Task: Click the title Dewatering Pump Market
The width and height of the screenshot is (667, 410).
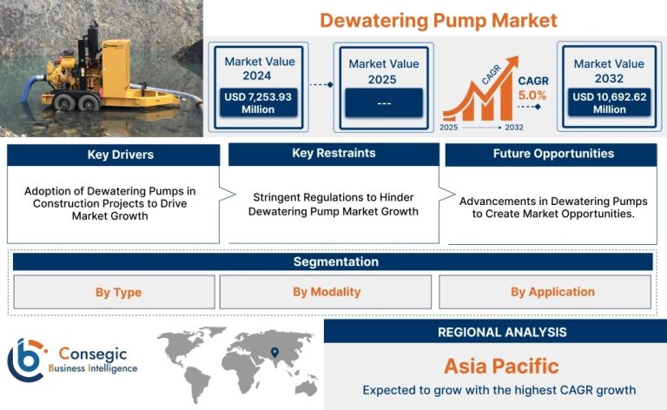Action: pos(438,21)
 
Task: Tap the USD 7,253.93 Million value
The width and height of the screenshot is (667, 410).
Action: pos(258,102)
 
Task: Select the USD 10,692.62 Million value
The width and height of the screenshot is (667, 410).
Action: pos(609,102)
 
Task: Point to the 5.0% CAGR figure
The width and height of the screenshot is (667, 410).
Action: pos(532,96)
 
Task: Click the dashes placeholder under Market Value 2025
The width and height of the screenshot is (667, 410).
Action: pos(384,102)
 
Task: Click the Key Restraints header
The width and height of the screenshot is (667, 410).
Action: pos(333,154)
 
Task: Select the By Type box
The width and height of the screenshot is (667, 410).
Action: pos(114,292)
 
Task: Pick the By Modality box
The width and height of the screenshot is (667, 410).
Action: pos(326,292)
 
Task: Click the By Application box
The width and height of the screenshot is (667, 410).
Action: pos(545,292)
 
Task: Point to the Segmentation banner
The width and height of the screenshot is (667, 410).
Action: pos(333,261)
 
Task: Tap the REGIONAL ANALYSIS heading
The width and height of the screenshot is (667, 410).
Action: pos(502,332)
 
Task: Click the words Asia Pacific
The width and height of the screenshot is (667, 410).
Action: pos(501,367)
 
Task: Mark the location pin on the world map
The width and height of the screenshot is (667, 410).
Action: pos(274,352)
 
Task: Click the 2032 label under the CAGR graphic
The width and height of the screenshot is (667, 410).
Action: pos(514,127)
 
